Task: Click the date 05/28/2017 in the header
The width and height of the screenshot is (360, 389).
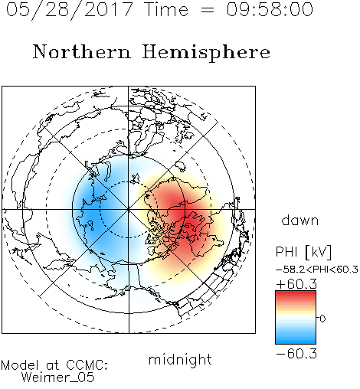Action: pyautogui.click(x=70, y=9)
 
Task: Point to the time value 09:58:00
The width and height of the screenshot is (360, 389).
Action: pyautogui.click(x=270, y=9)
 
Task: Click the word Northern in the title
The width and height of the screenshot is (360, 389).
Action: pyautogui.click(x=82, y=51)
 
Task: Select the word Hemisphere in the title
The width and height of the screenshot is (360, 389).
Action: pyautogui.click(x=206, y=53)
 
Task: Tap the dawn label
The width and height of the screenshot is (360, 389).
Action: pyautogui.click(x=300, y=220)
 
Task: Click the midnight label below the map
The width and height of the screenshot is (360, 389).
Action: pyautogui.click(x=180, y=360)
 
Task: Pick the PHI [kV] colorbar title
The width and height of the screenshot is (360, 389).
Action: pyautogui.click(x=303, y=252)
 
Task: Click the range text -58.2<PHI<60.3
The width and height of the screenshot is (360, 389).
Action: pyautogui.click(x=317, y=270)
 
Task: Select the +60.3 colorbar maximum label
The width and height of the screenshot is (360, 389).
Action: pyautogui.click(x=296, y=284)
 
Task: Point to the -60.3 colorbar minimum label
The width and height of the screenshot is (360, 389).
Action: pyautogui.click(x=296, y=354)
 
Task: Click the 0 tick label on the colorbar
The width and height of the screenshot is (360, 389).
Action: pyautogui.click(x=322, y=319)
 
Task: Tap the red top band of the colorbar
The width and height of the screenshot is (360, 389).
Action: pyautogui.click(x=296, y=294)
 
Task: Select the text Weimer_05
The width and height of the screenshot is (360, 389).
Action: pyautogui.click(x=58, y=377)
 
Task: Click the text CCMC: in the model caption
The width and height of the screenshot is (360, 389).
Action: pyautogui.click(x=87, y=365)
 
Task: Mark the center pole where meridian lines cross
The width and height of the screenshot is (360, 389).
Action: pyautogui.click(x=129, y=210)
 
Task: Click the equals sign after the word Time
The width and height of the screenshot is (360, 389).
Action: pyautogui.click(x=208, y=10)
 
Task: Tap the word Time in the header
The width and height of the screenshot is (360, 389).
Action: pyautogui.click(x=166, y=9)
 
